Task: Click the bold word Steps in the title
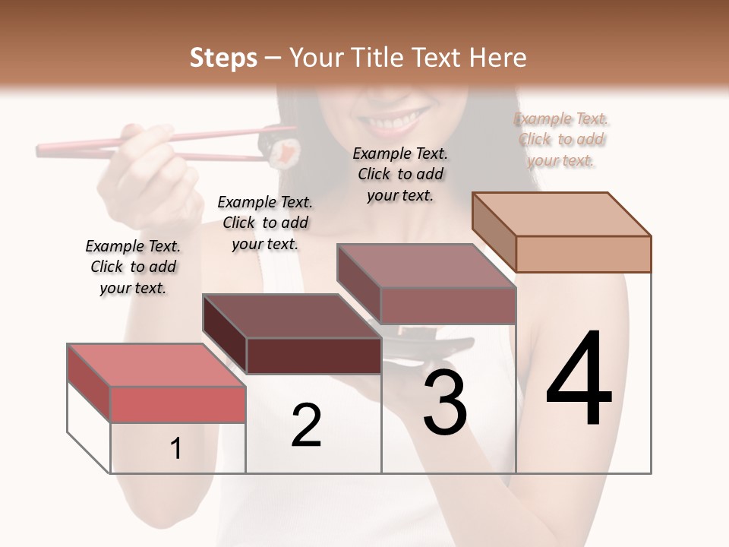click(x=223, y=58)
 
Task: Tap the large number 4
click(x=579, y=379)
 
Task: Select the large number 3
click(x=445, y=402)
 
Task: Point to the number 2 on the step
click(x=306, y=425)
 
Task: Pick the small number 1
click(x=176, y=448)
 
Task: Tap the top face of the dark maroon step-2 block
click(x=292, y=316)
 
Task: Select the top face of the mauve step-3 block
click(x=426, y=266)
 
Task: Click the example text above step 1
click(x=133, y=267)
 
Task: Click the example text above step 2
click(x=265, y=223)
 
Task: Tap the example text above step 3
click(x=400, y=174)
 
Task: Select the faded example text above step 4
click(x=561, y=139)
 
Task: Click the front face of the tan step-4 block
click(x=583, y=254)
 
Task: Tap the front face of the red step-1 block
click(x=178, y=404)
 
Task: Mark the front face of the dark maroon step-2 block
click(x=314, y=356)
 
